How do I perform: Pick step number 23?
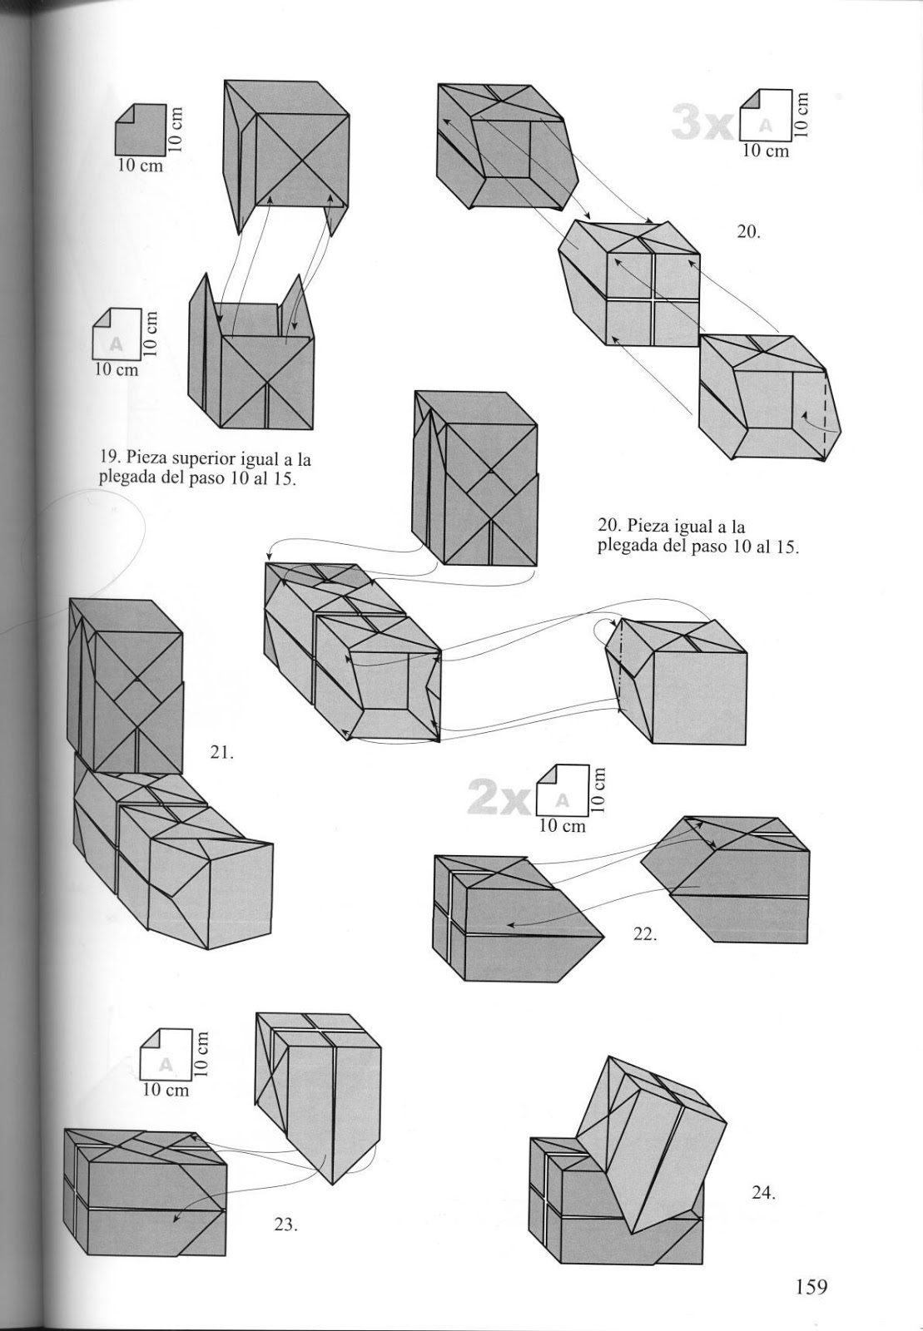285,1225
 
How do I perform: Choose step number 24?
763,1193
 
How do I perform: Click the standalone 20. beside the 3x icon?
748,232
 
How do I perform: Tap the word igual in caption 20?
695,526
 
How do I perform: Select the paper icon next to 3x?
764,116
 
